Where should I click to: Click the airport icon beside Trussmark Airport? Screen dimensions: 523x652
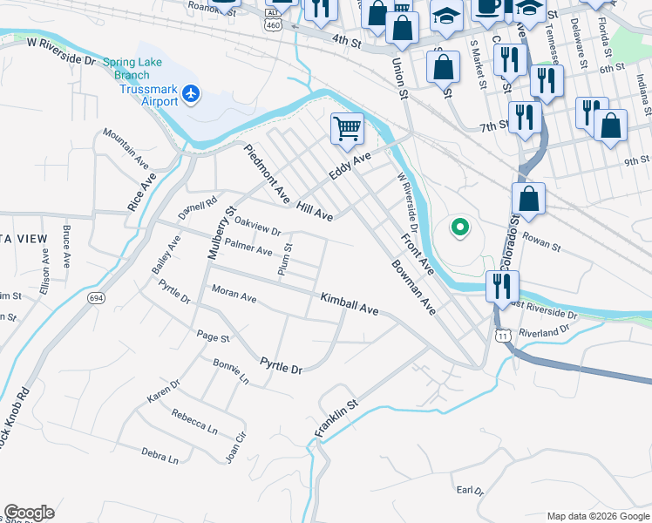(x=192, y=93)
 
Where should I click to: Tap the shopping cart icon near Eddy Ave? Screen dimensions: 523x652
(x=347, y=129)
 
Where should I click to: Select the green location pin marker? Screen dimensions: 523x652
(x=459, y=228)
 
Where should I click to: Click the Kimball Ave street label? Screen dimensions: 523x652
(x=349, y=304)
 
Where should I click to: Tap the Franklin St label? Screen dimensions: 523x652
(x=336, y=418)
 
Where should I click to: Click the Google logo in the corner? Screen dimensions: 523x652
(x=29, y=513)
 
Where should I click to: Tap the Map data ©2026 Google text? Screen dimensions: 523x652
(x=597, y=516)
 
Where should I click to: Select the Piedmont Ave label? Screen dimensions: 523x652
(x=266, y=174)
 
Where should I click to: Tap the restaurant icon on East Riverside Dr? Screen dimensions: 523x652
(x=502, y=286)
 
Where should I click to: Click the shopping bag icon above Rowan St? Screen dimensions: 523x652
(x=528, y=199)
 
